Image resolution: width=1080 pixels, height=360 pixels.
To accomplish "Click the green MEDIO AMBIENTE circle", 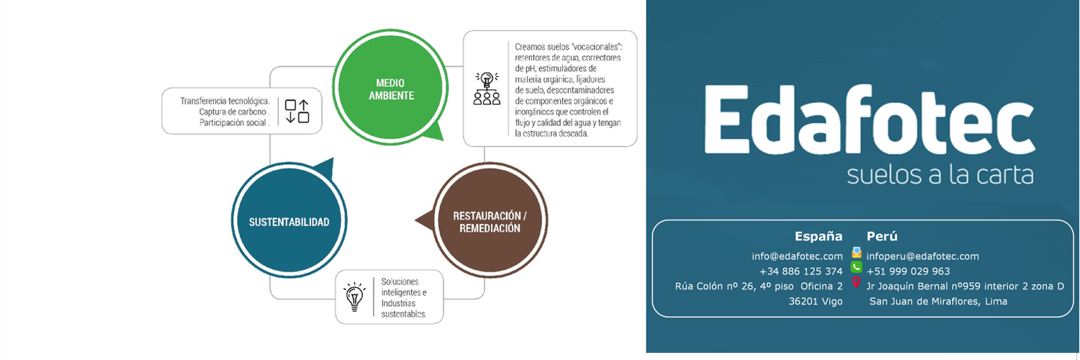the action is click(390, 87).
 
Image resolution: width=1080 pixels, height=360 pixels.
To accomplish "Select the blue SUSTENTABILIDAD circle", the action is click(289, 220).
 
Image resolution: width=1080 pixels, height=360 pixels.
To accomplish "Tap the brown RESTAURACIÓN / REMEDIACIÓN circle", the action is click(490, 220).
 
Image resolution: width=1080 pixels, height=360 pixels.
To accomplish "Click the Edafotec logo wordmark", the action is click(869, 120).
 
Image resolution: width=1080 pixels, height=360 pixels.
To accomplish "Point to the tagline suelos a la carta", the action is click(940, 175).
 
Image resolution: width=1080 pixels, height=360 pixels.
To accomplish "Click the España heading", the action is click(818, 236).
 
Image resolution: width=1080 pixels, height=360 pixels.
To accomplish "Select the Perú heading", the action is click(882, 236).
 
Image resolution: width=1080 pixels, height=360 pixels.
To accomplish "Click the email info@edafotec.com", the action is click(797, 256).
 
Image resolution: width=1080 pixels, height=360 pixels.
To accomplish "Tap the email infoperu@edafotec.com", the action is click(923, 256).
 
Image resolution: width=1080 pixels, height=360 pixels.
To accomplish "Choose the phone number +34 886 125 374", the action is click(801, 271).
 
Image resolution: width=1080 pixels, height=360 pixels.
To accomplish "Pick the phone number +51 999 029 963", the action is click(909, 271).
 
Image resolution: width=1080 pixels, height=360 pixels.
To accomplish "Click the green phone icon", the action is click(856, 267).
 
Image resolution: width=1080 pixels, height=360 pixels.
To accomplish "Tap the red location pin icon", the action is click(856, 282).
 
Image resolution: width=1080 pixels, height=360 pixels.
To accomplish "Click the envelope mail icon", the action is click(856, 252).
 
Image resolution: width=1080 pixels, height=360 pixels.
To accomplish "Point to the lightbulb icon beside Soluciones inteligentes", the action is click(354, 297).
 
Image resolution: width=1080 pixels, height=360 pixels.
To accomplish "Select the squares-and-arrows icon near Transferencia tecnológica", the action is click(297, 112).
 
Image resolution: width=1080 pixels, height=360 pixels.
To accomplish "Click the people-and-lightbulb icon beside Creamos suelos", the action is click(487, 89).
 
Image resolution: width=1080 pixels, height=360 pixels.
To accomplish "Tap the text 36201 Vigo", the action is click(816, 302).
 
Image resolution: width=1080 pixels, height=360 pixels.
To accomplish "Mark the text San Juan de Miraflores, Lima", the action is click(938, 302).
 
